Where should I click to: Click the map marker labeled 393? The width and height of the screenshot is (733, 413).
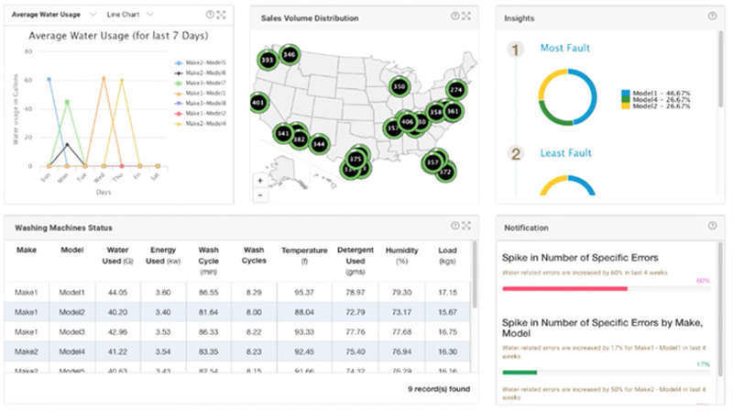click(268, 61)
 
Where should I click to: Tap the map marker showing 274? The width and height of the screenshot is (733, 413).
click(456, 89)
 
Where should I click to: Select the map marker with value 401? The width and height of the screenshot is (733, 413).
click(258, 103)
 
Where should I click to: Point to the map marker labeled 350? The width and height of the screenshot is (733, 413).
click(399, 86)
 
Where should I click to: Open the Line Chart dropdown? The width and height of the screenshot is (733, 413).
click(129, 15)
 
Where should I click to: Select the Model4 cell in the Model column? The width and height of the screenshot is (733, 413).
click(72, 352)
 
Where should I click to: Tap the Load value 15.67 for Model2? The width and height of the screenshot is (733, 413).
click(448, 312)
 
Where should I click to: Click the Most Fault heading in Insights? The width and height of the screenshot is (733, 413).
click(564, 48)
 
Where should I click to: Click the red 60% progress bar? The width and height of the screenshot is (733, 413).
click(564, 288)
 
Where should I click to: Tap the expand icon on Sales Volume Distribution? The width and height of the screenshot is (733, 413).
click(466, 17)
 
